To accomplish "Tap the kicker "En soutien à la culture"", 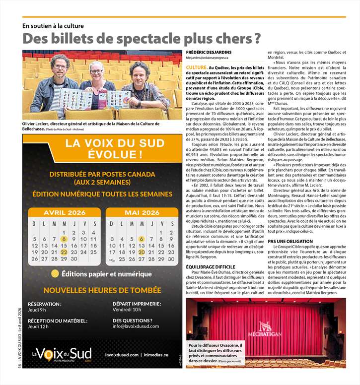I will [x=53, y=26].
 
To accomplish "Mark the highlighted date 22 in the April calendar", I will [x=64, y=252].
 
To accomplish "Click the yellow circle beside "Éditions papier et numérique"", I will [x=55, y=274].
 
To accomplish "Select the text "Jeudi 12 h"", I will [x=38, y=326].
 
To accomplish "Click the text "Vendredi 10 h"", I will [x=127, y=310].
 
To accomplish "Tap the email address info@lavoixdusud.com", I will [x=136, y=326].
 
